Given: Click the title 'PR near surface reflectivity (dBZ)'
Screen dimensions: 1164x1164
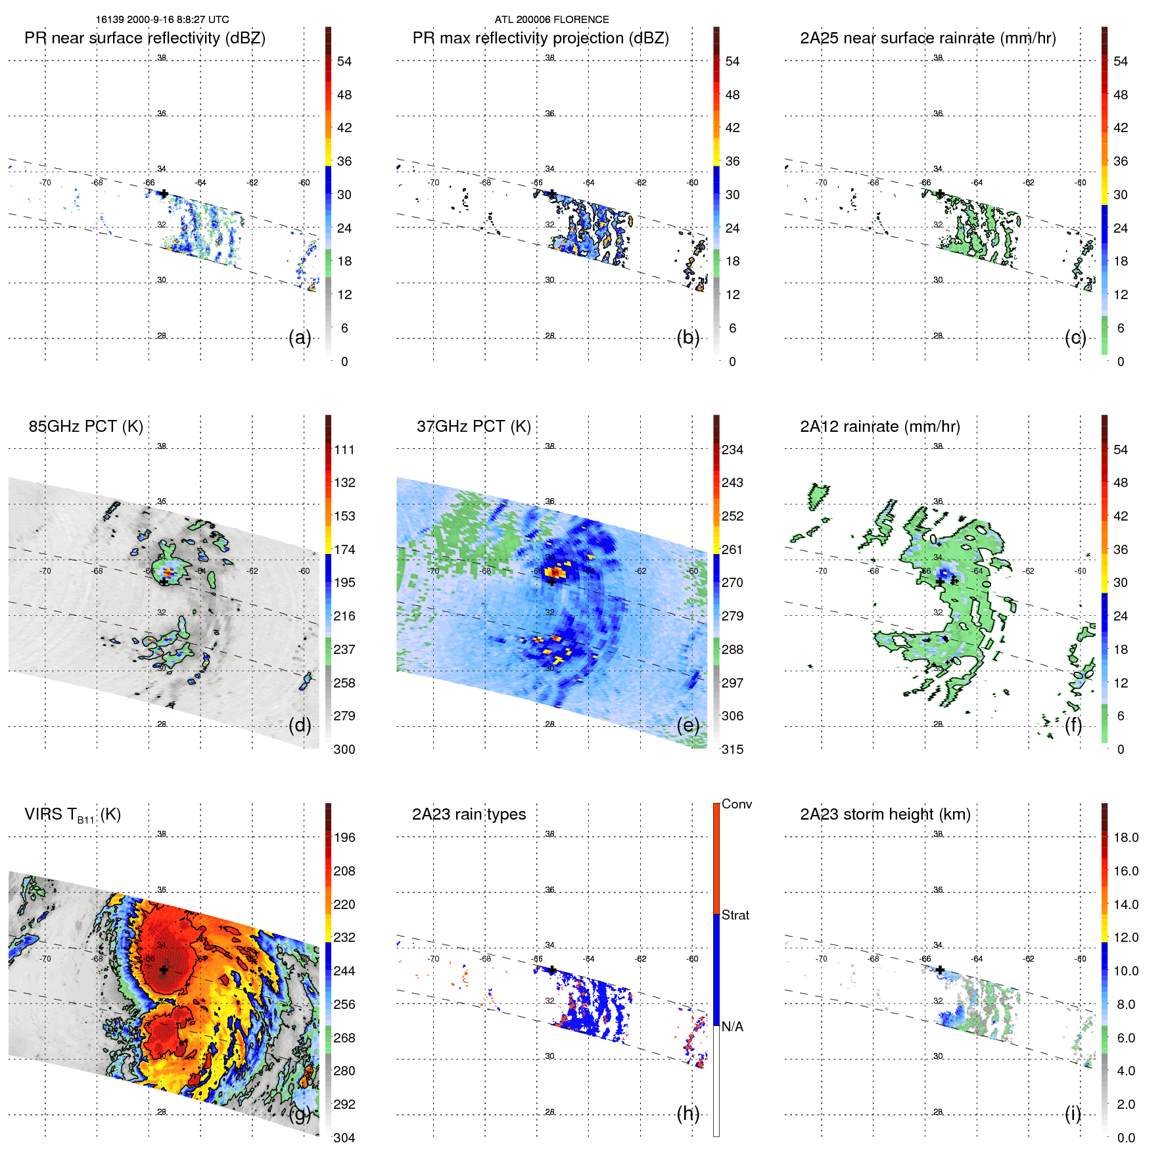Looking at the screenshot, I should (x=145, y=38).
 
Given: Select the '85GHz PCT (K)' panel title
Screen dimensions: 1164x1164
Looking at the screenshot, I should (x=85, y=427).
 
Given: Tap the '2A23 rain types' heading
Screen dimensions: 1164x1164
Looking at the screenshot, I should (x=469, y=814).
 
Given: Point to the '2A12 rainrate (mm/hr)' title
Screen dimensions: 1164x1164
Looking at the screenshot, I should (x=879, y=427).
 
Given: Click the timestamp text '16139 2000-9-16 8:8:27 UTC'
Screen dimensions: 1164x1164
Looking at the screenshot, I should (x=162, y=20).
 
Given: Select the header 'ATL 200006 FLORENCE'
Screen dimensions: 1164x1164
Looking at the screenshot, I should (x=551, y=20).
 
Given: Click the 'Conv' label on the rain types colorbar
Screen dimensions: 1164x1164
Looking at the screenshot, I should (x=736, y=804).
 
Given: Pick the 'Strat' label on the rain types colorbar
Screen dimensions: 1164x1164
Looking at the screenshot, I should (x=735, y=915).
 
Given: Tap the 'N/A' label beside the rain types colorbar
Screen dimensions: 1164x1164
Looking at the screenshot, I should (x=732, y=1027).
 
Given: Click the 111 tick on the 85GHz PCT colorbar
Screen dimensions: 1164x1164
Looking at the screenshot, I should (x=344, y=450).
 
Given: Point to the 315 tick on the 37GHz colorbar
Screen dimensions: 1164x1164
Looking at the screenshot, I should (x=732, y=749).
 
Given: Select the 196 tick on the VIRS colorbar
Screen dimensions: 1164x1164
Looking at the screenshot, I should (x=344, y=837).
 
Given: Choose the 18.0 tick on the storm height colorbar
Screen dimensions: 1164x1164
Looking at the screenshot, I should (x=1125, y=837).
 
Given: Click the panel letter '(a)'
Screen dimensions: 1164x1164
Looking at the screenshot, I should (x=300, y=338).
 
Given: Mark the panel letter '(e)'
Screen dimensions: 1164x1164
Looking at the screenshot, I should (x=687, y=726).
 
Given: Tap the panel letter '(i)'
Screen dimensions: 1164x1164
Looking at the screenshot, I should (x=1073, y=1113).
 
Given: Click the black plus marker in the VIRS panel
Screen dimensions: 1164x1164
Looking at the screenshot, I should (x=164, y=969).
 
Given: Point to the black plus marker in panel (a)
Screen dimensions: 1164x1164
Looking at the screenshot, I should (x=164, y=193).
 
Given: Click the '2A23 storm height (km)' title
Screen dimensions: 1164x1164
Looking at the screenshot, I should (x=885, y=814).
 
